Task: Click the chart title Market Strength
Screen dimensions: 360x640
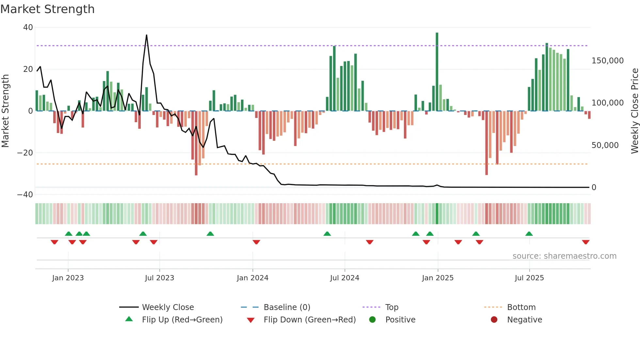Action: tap(47, 9)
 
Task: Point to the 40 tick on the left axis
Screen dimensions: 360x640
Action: tap(28, 27)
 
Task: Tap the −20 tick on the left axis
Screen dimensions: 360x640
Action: tap(25, 153)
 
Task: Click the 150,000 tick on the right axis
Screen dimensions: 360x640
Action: tap(607, 61)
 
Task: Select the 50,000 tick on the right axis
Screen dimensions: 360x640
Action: tap(605, 145)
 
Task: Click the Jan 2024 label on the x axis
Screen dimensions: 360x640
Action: tap(252, 278)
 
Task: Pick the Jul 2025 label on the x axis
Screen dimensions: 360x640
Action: tap(529, 278)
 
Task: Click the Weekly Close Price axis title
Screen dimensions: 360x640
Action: tap(634, 111)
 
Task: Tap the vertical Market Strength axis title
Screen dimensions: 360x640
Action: tap(6, 111)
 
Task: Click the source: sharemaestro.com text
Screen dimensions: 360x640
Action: tap(564, 256)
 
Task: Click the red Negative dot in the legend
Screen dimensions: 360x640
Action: tap(494, 319)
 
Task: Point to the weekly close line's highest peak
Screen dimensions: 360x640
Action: tap(147, 35)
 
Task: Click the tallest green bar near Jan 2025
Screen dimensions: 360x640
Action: tap(437, 72)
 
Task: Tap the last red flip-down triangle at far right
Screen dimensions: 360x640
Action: tap(585, 242)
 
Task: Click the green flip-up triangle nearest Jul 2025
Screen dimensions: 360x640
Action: tap(529, 234)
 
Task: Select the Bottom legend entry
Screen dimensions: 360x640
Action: tap(521, 307)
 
